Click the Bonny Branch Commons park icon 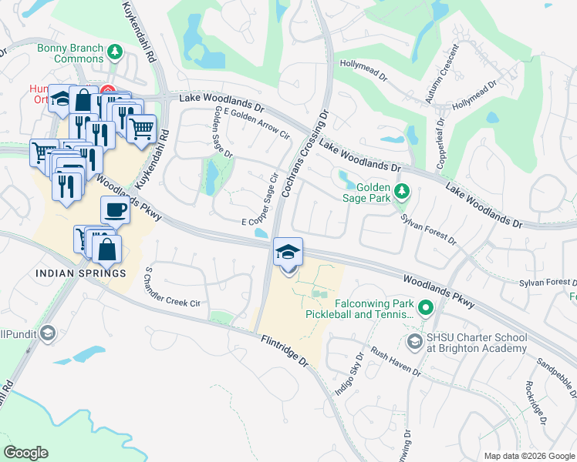point(115,52)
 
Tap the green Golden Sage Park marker point(400,191)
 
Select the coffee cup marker point(115,210)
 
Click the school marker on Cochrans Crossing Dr point(288,252)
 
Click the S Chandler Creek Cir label point(171,288)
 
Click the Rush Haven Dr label point(395,361)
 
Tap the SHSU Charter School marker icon point(414,343)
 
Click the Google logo point(26,452)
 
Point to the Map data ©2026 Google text point(528,456)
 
